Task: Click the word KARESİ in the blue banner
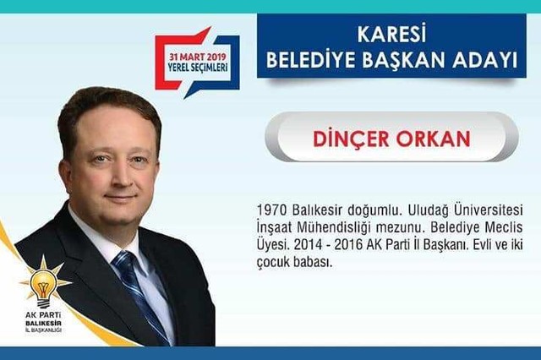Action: click(391, 34)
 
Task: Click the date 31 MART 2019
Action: click(197, 57)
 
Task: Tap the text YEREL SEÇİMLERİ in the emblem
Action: click(198, 67)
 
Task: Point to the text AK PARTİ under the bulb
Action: click(43, 315)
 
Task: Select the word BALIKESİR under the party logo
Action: click(43, 324)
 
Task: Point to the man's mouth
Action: click(120, 199)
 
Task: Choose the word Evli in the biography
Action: click(484, 245)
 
